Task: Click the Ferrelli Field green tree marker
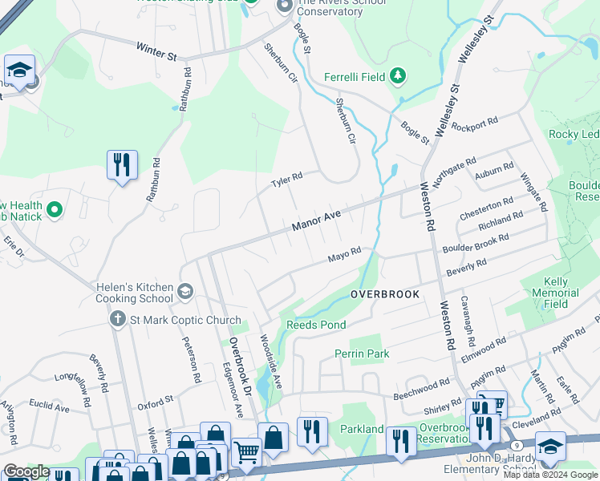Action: pos(397,77)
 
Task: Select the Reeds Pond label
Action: pos(316,325)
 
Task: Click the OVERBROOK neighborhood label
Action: pos(385,295)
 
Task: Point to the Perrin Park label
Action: pos(362,354)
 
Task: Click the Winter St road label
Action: pos(156,52)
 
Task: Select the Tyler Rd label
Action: pos(286,181)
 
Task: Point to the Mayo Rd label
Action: pos(344,256)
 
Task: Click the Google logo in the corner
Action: pos(26,471)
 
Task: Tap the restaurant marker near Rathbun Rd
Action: pos(122,164)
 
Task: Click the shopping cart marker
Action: pos(246,451)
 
